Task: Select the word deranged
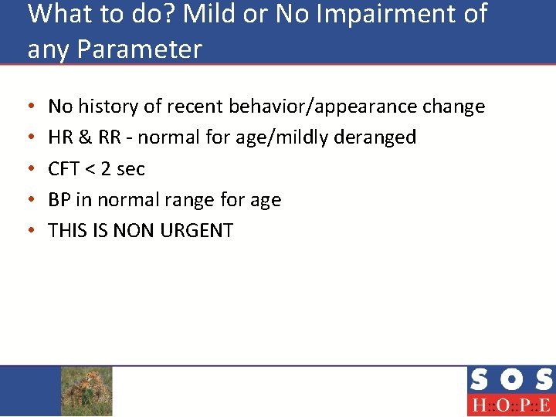click(375, 137)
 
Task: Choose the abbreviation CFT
click(64, 169)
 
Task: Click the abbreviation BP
click(59, 200)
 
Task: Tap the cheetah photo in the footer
click(86, 391)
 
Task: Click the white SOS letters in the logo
click(510, 380)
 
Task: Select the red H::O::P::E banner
click(510, 405)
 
